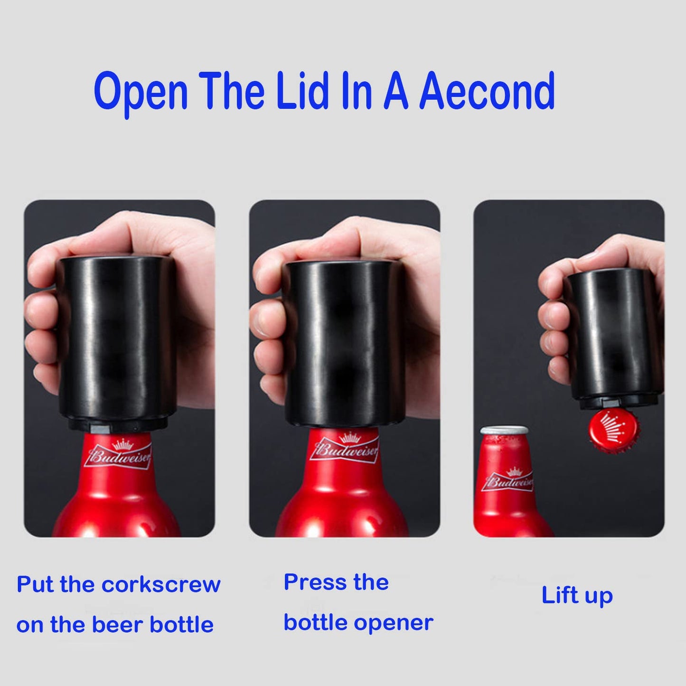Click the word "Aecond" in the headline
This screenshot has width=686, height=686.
coord(487,91)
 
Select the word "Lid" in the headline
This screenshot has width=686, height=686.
coord(302,91)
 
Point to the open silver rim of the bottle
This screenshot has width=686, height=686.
coord(504,431)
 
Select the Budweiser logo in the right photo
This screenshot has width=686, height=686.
coord(508,480)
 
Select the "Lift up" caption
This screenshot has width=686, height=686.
coord(577,595)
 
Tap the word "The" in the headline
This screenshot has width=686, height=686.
coord(231,91)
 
